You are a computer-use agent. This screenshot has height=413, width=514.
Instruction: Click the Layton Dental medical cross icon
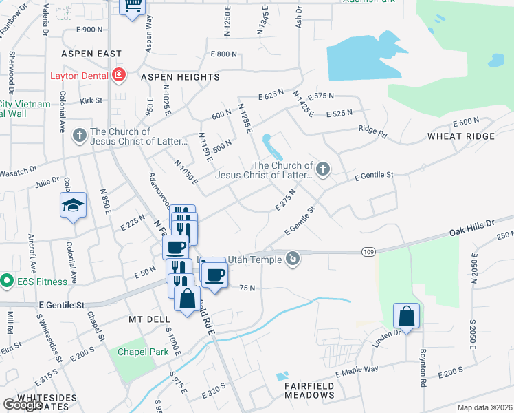click(x=120, y=74)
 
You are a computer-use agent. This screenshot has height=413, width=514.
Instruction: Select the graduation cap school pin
click(x=73, y=206)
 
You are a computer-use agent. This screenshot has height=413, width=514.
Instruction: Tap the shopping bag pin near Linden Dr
click(x=406, y=317)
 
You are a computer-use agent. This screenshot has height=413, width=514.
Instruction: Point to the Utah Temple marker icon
click(x=293, y=259)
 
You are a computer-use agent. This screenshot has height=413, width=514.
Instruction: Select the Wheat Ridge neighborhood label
click(x=460, y=136)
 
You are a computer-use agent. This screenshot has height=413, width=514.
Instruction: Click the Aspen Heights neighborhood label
click(x=179, y=77)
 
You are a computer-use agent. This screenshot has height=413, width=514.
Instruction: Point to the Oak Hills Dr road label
click(x=472, y=226)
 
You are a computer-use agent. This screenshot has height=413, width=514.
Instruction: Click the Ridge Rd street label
click(x=372, y=130)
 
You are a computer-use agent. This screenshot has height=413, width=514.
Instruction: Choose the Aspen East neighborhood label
click(x=91, y=53)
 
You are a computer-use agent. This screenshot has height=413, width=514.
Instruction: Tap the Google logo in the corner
click(x=22, y=404)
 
